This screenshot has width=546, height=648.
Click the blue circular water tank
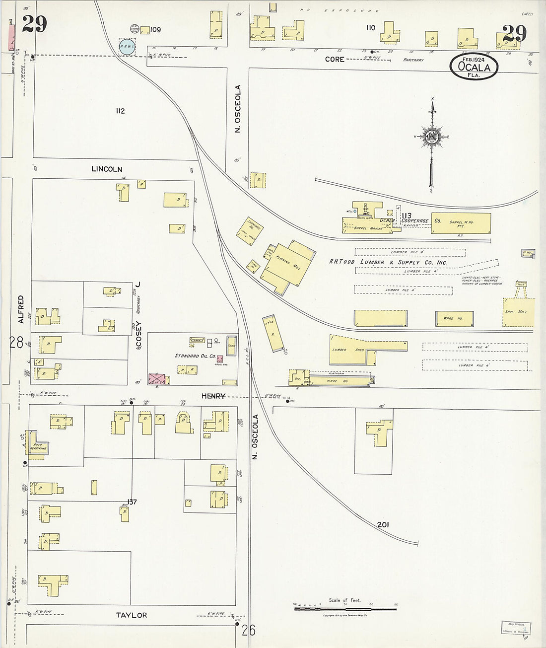coord(127,47)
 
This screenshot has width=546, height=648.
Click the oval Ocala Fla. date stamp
coord(474,67)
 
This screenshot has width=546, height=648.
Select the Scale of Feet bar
coord(345,608)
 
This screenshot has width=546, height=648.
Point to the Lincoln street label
coord(107,169)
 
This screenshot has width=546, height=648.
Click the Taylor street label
coord(132,615)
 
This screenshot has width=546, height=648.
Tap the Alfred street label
coord(21,309)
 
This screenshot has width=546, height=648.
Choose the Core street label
coord(335,59)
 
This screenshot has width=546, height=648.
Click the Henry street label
coord(213,396)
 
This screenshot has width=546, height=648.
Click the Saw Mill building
coord(518,312)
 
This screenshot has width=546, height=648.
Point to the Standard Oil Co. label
coord(195,356)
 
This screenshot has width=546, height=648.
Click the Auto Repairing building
coord(38,446)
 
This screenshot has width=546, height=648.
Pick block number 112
coord(120,111)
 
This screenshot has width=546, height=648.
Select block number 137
coord(132,502)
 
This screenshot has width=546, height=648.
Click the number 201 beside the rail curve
coord(383,525)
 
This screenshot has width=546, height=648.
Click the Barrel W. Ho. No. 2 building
coord(461,223)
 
